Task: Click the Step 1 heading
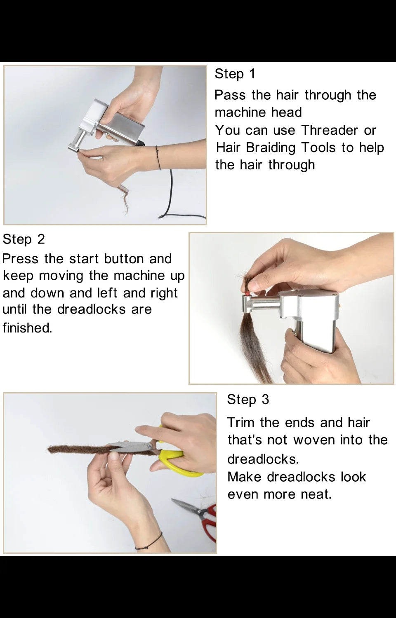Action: click(235, 74)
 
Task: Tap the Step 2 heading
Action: click(24, 239)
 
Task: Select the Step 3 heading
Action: click(247, 399)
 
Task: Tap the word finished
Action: click(27, 328)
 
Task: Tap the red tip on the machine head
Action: click(246, 293)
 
